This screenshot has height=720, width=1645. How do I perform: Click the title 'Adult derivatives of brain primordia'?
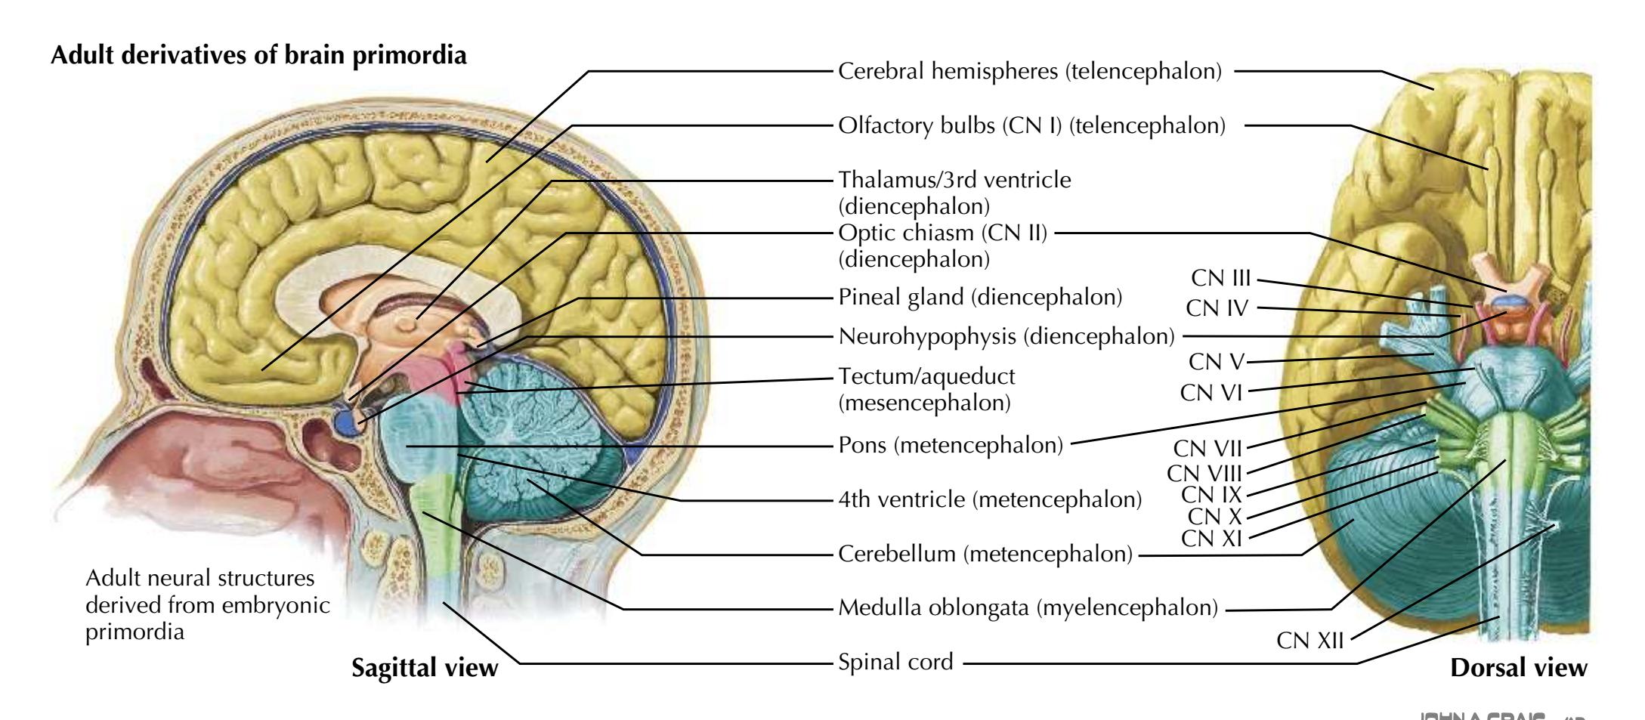click(x=258, y=55)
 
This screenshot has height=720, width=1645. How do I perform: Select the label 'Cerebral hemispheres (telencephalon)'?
click(x=1030, y=72)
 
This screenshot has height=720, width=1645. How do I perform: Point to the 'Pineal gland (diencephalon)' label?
click(x=980, y=297)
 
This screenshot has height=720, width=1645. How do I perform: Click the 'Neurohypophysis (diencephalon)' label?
click(x=1006, y=336)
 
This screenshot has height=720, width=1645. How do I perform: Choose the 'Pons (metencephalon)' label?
click(x=951, y=445)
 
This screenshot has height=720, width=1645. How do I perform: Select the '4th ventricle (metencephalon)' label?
click(x=990, y=499)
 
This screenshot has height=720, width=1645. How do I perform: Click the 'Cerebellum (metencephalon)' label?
click(x=985, y=555)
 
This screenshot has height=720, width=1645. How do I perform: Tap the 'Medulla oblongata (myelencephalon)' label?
click(x=1028, y=607)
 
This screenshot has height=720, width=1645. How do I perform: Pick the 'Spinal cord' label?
click(x=895, y=663)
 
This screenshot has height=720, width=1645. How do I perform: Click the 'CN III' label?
click(x=1221, y=279)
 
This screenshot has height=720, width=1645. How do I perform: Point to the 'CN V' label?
click(x=1216, y=362)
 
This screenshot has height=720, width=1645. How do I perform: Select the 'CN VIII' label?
click(x=1204, y=474)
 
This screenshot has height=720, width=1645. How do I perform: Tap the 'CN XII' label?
click(x=1310, y=641)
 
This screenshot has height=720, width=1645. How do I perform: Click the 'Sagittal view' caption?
click(x=425, y=668)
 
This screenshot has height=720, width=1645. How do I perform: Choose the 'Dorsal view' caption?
click(x=1519, y=668)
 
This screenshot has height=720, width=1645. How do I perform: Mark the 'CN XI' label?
click(x=1211, y=539)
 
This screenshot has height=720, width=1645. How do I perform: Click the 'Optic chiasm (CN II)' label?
click(x=943, y=233)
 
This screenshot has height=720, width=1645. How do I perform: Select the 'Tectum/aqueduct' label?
click(x=926, y=376)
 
